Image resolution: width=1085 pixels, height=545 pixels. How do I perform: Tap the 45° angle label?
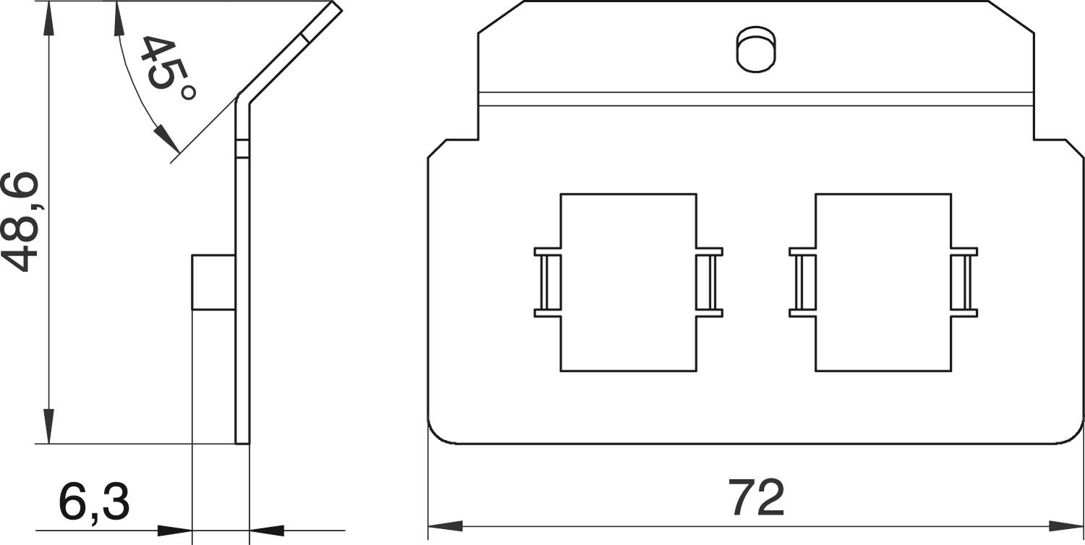point(168,68)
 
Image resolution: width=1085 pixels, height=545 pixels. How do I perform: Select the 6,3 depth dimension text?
point(94,500)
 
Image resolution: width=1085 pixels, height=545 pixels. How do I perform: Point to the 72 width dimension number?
point(756,497)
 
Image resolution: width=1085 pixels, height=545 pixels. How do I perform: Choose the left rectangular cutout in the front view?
point(629,283)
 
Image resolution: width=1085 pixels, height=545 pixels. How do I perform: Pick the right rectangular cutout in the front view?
point(883,283)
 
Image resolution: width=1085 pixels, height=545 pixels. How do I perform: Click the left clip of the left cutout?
point(548,282)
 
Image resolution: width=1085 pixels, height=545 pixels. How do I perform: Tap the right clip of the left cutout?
point(710,282)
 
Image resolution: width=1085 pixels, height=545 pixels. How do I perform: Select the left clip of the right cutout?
point(803,282)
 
